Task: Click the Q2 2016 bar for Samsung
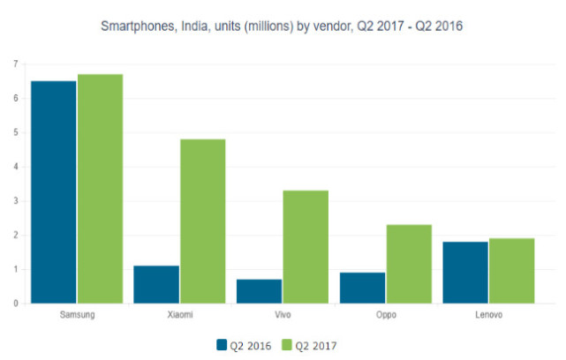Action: [53, 192]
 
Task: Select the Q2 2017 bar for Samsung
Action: [100, 189]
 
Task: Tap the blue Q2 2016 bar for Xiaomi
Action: [156, 284]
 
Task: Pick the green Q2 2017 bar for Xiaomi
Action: [202, 221]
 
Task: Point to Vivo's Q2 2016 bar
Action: [259, 291]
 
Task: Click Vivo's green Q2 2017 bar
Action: [306, 247]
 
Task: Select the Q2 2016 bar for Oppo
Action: [362, 288]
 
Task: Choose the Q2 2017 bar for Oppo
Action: [409, 264]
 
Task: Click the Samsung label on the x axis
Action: [77, 313]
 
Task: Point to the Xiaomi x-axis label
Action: [179, 313]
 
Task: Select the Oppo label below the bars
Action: [386, 313]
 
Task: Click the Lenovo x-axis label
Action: [488, 313]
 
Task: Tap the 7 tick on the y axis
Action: [15, 64]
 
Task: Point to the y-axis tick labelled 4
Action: [15, 167]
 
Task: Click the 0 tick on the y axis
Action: [15, 304]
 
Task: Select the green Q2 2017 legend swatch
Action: [288, 344]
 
